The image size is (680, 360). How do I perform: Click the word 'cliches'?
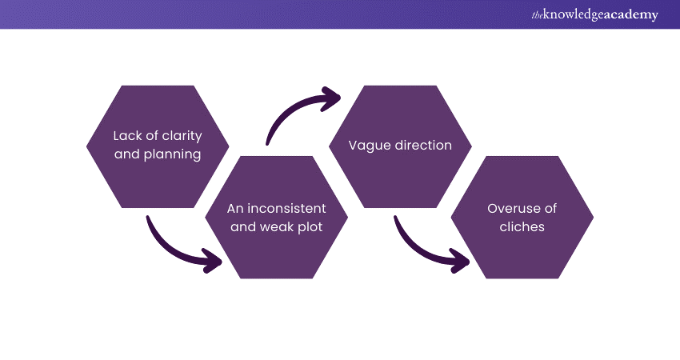coord(522,226)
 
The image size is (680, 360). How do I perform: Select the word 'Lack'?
coord(127,135)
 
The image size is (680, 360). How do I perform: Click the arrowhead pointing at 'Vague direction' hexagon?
coord(330,101)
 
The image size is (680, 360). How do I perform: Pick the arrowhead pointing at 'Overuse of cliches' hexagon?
coord(459,259)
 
